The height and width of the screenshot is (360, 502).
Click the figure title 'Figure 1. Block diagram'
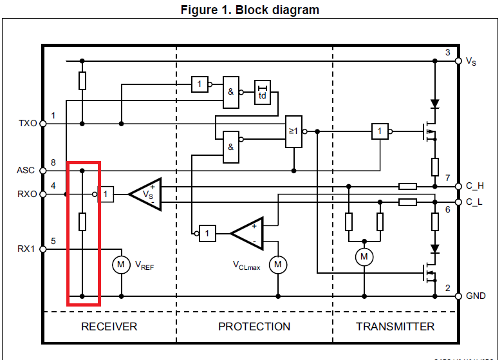point(250,10)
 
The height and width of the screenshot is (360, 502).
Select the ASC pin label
point(26,171)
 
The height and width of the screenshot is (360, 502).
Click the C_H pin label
point(475,187)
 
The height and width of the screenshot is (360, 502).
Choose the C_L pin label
point(474,202)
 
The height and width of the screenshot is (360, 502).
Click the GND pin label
point(476,296)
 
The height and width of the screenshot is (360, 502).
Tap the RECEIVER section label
point(109,327)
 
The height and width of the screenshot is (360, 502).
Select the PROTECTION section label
point(254,327)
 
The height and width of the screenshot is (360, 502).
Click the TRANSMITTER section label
point(395,327)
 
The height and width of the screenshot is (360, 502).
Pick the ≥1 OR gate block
point(293,131)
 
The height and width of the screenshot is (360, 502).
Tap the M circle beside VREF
point(121,264)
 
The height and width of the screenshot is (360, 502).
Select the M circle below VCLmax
point(278,264)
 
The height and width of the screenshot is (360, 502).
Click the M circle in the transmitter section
point(364,258)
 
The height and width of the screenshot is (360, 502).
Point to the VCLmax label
point(246,265)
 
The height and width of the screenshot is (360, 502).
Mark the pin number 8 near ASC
point(53,164)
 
